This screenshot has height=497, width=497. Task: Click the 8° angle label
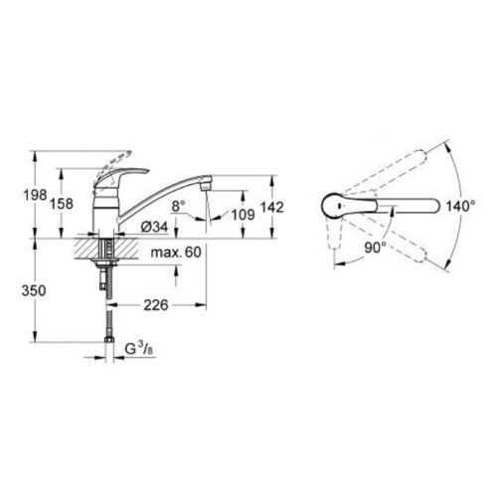[178, 206]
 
